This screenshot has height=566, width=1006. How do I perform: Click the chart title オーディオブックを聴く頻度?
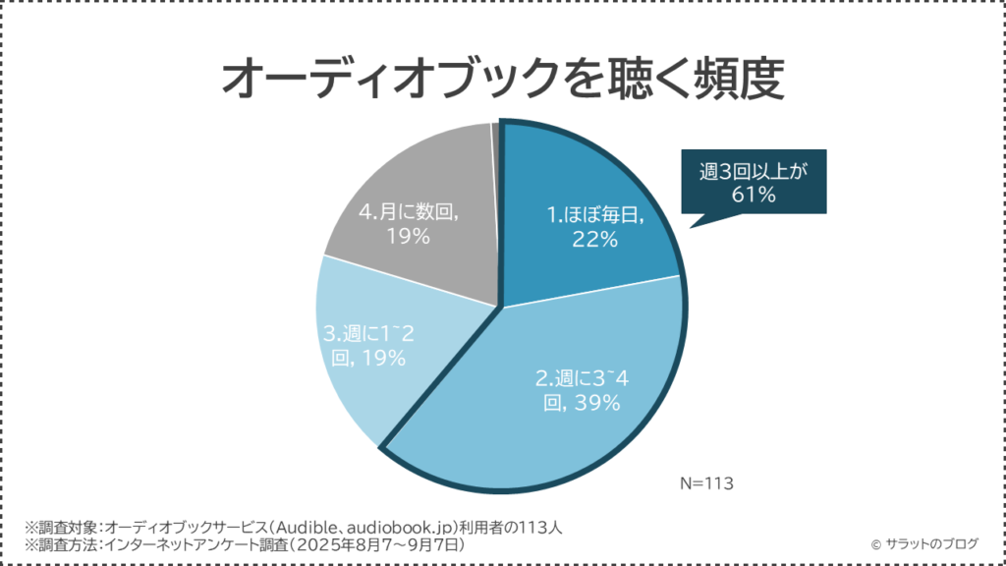pyautogui.click(x=502, y=80)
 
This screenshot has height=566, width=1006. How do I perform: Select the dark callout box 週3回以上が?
pyautogui.click(x=754, y=183)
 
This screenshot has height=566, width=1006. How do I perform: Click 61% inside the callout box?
pyautogui.click(x=754, y=196)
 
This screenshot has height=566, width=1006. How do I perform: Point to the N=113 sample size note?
pyautogui.click(x=707, y=483)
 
